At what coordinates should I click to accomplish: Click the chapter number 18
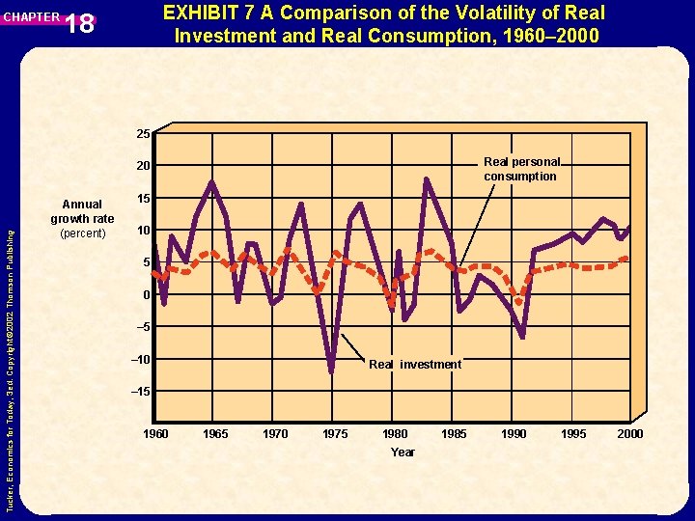coord(81,23)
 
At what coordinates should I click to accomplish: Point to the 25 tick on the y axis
coord(142,133)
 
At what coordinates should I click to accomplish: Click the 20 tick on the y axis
coord(142,167)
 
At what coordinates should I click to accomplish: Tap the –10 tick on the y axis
coord(140,360)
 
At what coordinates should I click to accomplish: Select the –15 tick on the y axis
coord(140,392)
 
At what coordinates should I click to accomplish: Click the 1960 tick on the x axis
coord(155,434)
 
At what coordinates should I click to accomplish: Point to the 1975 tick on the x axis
coord(335,434)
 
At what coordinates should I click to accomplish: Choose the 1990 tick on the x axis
coord(514,434)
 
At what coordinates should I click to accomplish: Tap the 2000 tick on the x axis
coord(629,434)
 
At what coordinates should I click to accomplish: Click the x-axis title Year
coord(403,452)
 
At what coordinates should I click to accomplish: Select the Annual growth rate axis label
coord(82,219)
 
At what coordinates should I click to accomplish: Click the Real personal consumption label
coord(520,169)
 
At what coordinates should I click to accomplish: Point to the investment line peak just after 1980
coord(426,179)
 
